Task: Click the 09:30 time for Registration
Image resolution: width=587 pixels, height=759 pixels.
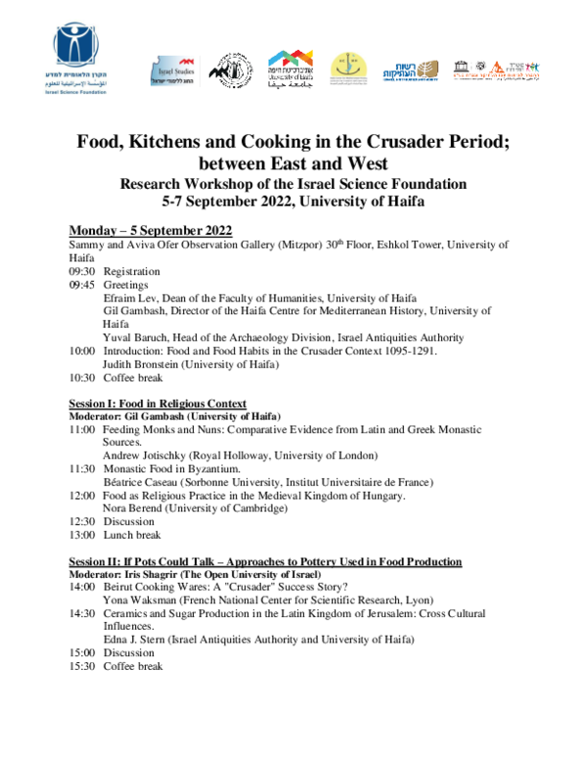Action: [x=81, y=271]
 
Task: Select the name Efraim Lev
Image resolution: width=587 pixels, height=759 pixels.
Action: [x=131, y=297]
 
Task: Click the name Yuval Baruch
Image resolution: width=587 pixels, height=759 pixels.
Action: [x=135, y=337]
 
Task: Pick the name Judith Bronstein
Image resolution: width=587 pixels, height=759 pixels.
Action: [x=146, y=364]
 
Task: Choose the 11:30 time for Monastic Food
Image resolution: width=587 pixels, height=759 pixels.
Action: [x=81, y=469]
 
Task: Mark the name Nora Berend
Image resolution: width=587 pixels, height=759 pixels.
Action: [x=131, y=509]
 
